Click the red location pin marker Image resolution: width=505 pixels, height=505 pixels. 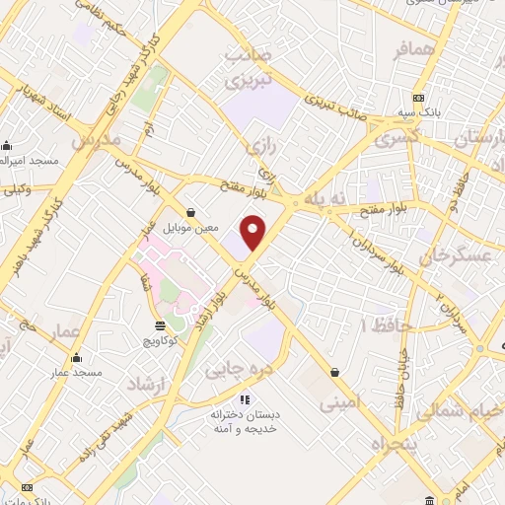pyautogui.click(x=254, y=233)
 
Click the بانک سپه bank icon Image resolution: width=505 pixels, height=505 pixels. pyautogui.click(x=420, y=98)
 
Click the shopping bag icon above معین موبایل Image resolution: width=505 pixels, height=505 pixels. pyautogui.click(x=189, y=212)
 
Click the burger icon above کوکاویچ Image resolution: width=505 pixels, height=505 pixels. pyautogui.click(x=160, y=325)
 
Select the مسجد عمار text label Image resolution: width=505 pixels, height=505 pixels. pyautogui.click(x=77, y=372)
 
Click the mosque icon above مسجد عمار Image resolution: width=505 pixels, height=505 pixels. pyautogui.click(x=77, y=356)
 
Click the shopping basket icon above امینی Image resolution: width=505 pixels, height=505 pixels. pyautogui.click(x=338, y=373)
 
